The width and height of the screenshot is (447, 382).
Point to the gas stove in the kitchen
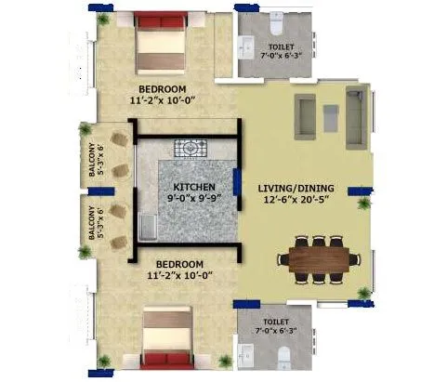tap(191, 147)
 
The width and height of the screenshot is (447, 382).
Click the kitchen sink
tap(148, 225)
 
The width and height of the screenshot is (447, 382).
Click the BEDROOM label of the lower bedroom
tap(162, 263)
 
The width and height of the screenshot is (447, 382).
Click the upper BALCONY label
tap(93, 160)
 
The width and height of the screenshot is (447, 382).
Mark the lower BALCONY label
tap(93, 223)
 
